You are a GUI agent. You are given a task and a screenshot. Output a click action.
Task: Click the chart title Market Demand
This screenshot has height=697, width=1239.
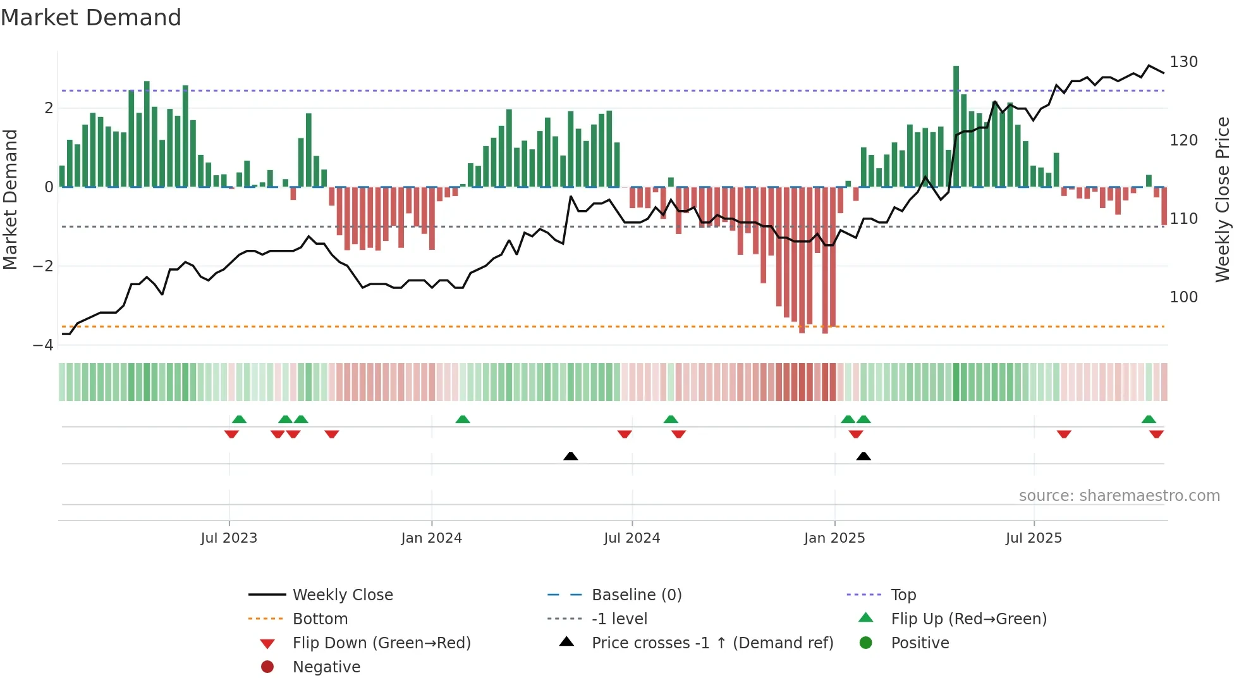tap(91, 18)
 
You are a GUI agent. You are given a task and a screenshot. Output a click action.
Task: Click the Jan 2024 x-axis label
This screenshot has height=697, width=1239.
tap(431, 538)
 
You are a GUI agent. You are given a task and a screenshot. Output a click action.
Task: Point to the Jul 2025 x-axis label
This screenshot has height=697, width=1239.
tap(1034, 538)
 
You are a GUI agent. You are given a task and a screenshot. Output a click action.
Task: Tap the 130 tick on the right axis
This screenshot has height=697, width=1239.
tap(1183, 62)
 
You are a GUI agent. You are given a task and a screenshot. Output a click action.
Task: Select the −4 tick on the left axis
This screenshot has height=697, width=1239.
tap(43, 345)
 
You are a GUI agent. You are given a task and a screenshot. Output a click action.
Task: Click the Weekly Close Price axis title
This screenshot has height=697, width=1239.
tap(1223, 199)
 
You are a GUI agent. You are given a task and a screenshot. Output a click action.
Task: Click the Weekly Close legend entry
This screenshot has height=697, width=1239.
tap(342, 595)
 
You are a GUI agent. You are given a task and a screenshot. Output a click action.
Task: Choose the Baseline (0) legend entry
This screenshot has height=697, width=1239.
tap(636, 595)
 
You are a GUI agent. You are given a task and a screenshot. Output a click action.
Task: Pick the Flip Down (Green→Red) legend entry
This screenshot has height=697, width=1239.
tap(381, 643)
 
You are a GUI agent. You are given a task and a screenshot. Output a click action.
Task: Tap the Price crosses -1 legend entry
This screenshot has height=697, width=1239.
tap(712, 643)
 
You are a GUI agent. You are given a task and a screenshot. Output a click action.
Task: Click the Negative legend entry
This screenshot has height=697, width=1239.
tap(326, 667)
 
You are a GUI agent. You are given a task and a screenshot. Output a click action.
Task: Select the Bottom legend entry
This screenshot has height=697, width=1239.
tap(320, 619)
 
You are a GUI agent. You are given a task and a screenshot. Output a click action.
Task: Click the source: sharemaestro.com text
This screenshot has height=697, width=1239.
tap(1119, 496)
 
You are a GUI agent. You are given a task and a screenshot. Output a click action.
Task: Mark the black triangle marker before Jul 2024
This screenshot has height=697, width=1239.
tap(570, 456)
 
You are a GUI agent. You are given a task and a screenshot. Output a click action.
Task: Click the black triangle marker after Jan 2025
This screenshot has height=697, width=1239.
tap(864, 456)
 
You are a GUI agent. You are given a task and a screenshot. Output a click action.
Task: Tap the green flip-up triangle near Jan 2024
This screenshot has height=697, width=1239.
tap(463, 419)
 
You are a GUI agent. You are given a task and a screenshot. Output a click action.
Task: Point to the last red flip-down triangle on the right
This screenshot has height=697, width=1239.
tap(1156, 434)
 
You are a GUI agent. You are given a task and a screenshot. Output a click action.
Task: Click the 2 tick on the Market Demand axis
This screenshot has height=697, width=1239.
tap(49, 108)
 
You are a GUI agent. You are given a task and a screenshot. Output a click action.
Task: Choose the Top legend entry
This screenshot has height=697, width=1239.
tap(903, 595)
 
